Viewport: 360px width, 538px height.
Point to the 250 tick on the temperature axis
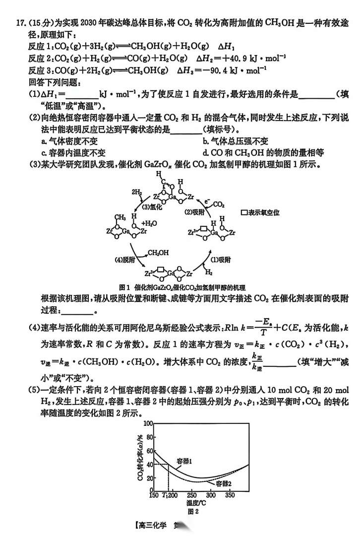coord(192,495)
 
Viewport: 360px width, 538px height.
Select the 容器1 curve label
coord(184,461)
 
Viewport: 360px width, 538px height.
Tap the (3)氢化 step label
coord(151,207)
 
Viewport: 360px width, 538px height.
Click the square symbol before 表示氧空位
coord(243,213)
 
